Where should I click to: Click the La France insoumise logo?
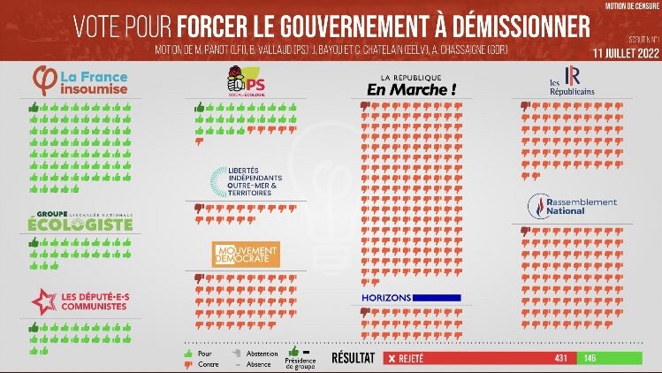click(x=81, y=80)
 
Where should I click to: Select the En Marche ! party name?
click(x=412, y=89)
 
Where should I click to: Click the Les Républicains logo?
click(x=570, y=80)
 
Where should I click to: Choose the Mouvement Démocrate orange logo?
click(x=246, y=254)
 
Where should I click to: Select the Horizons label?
click(x=386, y=298)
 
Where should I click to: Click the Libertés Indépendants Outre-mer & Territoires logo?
click(x=246, y=180)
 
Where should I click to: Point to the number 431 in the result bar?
click(x=560, y=358)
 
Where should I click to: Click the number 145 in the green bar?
click(x=589, y=358)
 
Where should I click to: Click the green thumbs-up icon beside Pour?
click(x=187, y=353)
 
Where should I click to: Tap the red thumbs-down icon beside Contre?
click(x=187, y=362)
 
